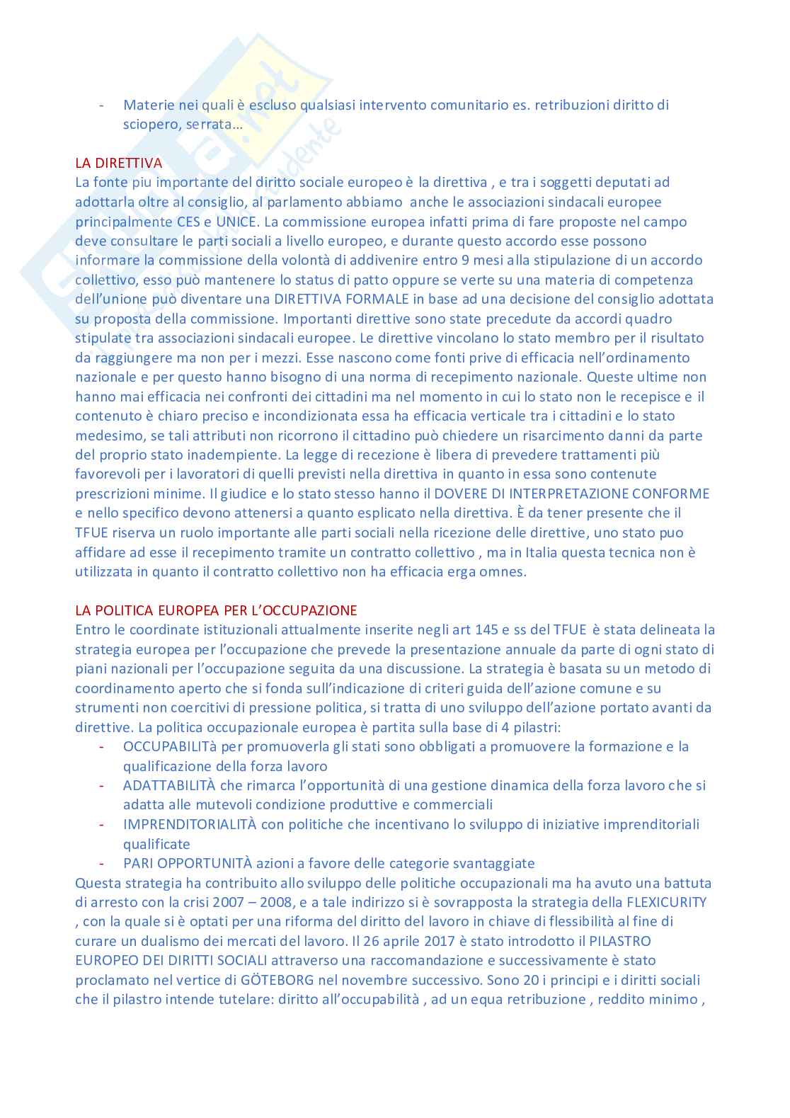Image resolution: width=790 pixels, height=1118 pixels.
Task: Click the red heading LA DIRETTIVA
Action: [119, 163]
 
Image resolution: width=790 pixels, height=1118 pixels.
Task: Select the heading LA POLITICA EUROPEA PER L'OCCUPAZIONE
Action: [216, 610]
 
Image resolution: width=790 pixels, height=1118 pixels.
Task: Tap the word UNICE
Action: [236, 221]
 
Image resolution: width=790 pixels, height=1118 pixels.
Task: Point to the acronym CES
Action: [188, 221]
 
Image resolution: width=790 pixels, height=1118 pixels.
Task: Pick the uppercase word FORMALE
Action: [378, 299]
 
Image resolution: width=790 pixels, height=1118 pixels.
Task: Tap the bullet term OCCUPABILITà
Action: [170, 746]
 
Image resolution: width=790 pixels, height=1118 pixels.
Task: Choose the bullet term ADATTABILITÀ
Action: [168, 785]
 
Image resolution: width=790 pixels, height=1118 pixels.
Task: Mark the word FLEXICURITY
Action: [666, 902]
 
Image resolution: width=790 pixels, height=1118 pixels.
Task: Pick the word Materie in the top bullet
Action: [149, 105]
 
